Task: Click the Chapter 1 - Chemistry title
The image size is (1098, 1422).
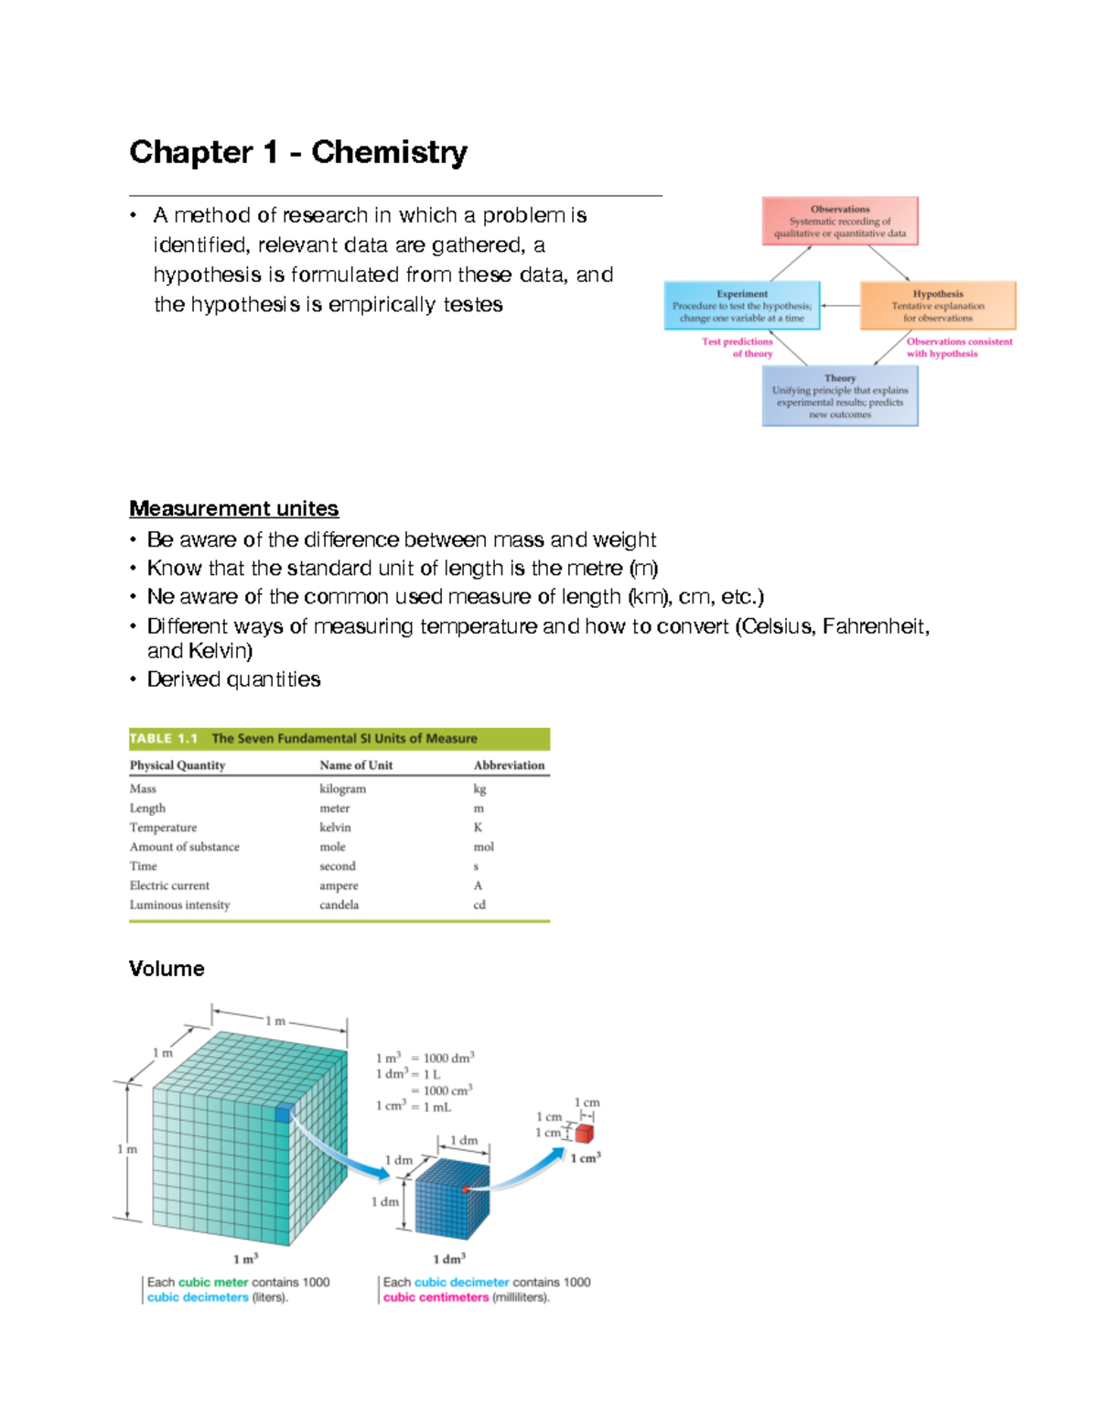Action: (x=298, y=152)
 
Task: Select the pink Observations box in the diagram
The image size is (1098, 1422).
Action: (x=839, y=221)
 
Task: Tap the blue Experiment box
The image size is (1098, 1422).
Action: (x=741, y=306)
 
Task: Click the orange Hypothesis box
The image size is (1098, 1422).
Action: (x=938, y=306)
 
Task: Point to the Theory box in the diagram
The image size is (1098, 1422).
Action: (x=839, y=396)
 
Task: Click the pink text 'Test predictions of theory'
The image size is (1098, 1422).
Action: (x=738, y=347)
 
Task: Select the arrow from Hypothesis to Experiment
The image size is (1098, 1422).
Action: (x=839, y=306)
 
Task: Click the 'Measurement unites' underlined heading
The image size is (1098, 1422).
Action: (x=233, y=508)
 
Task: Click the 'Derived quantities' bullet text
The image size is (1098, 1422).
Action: (x=233, y=679)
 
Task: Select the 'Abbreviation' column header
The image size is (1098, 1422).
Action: (x=509, y=765)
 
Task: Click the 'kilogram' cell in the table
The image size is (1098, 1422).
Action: (x=342, y=788)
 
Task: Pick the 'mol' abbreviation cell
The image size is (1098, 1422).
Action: (x=483, y=847)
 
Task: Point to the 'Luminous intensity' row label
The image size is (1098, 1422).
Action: (x=179, y=905)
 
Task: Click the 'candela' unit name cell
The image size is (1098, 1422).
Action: (x=339, y=905)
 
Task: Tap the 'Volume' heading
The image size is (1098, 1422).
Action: (x=167, y=969)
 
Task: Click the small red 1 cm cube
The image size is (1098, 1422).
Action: (x=584, y=1134)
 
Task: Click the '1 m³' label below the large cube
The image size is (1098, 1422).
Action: (x=245, y=1259)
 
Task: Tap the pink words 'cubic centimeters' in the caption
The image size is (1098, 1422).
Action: (x=436, y=1297)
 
